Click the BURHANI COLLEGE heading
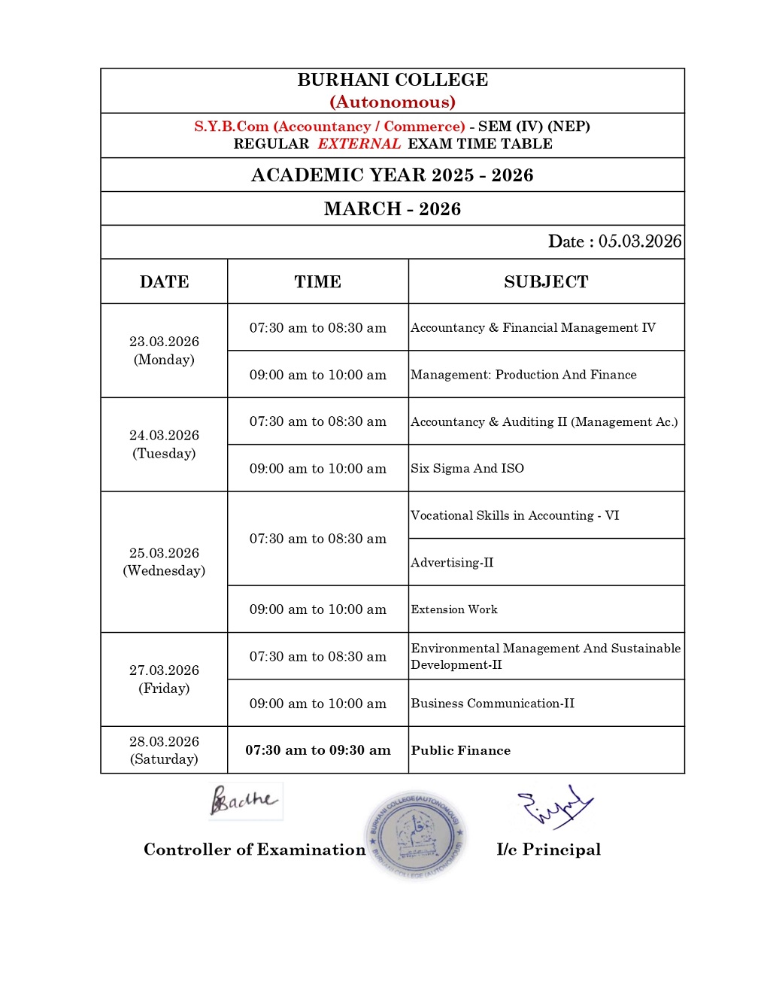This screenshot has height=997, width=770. coord(393,80)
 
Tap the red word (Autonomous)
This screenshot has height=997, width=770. coord(393,102)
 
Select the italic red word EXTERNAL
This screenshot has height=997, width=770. coord(359,144)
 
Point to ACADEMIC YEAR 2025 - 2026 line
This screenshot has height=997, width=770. coord(393,175)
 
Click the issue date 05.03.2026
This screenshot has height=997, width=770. coord(640,242)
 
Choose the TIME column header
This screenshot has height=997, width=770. coord(317,282)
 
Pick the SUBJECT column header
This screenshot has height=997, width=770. coord(546,282)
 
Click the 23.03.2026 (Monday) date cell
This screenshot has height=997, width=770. coord(164,351)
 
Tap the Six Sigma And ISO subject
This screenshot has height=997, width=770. coord(468,468)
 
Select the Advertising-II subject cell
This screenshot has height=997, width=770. coord(453,562)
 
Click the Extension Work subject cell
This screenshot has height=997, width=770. coord(454,609)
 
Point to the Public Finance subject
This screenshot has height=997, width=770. coord(461,750)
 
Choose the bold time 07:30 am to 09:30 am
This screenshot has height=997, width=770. coord(318,750)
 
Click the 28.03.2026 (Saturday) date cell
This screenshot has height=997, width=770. coord(164,750)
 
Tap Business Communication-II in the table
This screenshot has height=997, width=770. coord(493,704)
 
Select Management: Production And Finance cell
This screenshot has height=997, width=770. coord(523,375)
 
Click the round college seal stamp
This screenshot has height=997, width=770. coord(415,834)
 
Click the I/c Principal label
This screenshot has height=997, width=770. coord(549,850)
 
